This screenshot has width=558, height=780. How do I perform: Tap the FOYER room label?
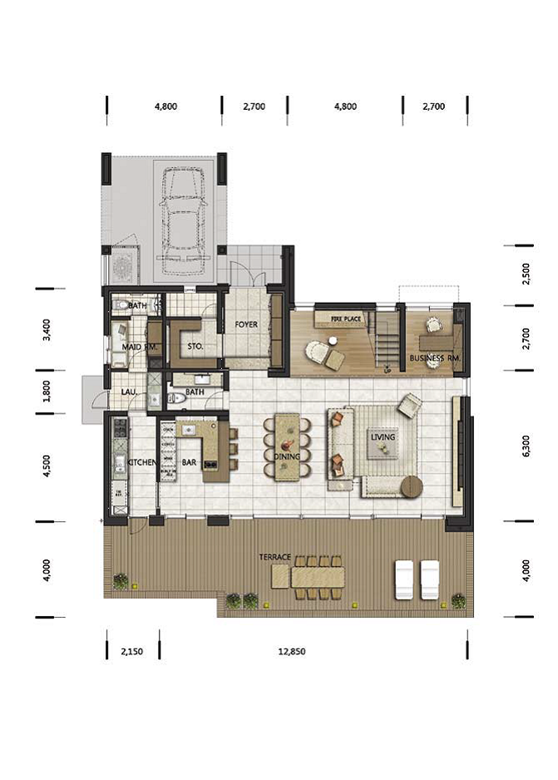(246, 325)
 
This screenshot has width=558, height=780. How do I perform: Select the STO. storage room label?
(195, 346)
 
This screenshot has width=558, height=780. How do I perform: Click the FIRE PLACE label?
(346, 318)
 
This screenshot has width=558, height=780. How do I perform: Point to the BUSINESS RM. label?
(435, 358)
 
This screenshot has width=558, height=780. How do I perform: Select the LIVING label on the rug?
(383, 437)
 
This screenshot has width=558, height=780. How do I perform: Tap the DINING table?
(287, 447)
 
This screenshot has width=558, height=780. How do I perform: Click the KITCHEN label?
(141, 463)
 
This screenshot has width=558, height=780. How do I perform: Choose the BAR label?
(189, 463)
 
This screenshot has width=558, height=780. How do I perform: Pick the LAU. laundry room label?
(129, 392)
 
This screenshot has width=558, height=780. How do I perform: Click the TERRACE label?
(274, 557)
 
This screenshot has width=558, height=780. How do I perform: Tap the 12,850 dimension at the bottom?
(292, 651)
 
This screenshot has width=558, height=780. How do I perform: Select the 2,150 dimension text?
(131, 651)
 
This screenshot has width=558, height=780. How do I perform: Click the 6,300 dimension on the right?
(526, 445)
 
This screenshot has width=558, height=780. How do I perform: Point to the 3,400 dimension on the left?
(47, 330)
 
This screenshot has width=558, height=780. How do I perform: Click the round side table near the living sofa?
(412, 486)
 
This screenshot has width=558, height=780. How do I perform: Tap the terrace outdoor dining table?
(318, 578)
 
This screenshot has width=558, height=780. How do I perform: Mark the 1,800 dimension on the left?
(47, 391)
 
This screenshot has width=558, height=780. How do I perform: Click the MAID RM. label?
(140, 347)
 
